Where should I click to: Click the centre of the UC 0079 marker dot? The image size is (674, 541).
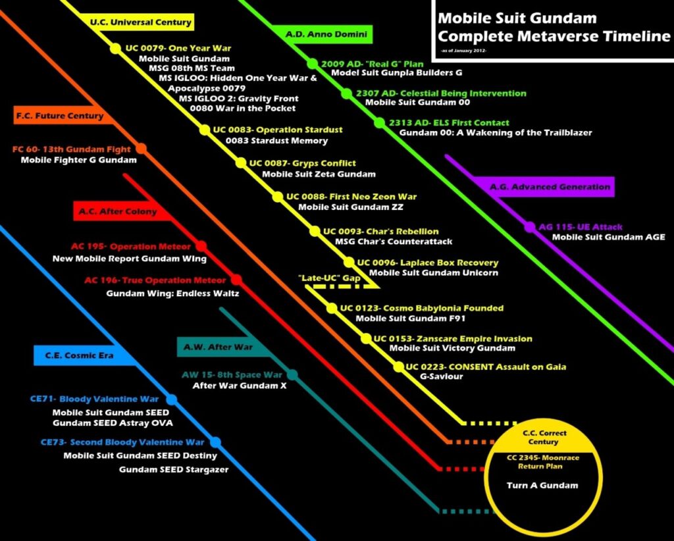click(x=115, y=48)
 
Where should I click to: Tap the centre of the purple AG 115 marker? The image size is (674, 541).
click(x=530, y=227)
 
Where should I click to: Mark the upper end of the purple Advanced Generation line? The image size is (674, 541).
click(x=447, y=157)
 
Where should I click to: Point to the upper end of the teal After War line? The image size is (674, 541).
click(x=221, y=309)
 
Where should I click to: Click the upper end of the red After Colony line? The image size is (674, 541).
click(x=125, y=175)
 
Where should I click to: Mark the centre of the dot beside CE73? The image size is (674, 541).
click(x=215, y=442)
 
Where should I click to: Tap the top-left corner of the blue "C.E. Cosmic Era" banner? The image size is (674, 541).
click(x=34, y=345)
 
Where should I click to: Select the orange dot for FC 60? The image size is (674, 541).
click(x=141, y=149)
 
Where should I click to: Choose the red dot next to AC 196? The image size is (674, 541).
click(x=236, y=280)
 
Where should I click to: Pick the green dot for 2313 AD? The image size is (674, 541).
click(x=379, y=123)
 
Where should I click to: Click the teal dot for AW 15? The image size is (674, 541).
click(x=292, y=374)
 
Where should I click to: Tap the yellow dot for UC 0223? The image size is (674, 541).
click(x=399, y=367)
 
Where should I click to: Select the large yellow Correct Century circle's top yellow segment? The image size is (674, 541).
click(x=543, y=437)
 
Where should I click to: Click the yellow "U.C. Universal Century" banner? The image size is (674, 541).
click(x=140, y=22)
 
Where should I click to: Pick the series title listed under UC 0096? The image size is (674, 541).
click(x=434, y=273)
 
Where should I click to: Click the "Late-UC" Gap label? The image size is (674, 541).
click(x=329, y=278)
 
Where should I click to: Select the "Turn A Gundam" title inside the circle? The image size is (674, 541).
click(x=542, y=486)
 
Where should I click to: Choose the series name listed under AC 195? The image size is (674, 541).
click(x=130, y=259)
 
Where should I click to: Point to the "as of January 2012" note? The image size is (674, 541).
click(x=464, y=51)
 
